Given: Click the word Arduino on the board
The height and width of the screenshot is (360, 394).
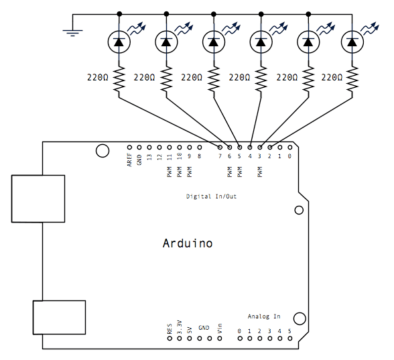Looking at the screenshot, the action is coord(188,243).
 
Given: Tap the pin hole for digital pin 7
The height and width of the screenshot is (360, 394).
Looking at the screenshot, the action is coord(220,147).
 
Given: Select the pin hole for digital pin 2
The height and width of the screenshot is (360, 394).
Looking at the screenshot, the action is coord(269,147).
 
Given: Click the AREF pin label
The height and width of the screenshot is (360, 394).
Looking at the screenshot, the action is coord(129,160).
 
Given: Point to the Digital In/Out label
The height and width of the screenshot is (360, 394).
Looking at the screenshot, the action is coord(211,196).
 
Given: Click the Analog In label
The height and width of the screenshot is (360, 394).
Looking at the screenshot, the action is coord(264,316).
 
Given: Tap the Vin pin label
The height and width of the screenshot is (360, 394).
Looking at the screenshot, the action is coord(220,328).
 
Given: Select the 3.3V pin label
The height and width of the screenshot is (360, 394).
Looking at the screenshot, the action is coord(180,327).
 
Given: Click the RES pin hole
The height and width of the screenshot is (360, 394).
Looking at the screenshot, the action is coord(170,339).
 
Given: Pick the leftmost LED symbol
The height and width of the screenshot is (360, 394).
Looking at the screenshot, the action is coord(119,42).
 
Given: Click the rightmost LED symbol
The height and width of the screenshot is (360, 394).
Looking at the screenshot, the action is coord(352,42).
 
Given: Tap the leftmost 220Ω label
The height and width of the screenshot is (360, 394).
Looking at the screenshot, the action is coord(98,77).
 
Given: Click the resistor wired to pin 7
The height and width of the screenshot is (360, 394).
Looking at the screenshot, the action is coord(119,79).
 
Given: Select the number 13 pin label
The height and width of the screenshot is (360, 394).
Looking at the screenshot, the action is coord(149,157).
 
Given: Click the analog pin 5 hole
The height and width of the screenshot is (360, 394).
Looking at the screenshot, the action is coord(289,339).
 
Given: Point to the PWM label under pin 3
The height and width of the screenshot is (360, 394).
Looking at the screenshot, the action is coord(260,172).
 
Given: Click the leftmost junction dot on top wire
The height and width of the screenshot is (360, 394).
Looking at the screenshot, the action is coord(119,14).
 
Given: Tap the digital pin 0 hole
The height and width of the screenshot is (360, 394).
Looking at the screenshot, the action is coord(289,147).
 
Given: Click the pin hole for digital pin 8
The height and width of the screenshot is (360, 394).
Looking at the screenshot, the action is coord(200,147).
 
